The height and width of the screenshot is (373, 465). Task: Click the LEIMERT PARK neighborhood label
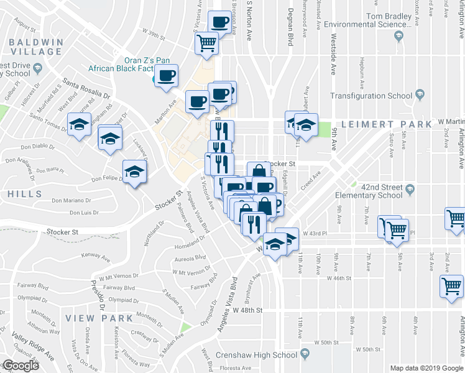click(x=382, y=124)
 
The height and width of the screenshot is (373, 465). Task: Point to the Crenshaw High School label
click(x=256, y=356)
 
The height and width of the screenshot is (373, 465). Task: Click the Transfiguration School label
click(x=371, y=96)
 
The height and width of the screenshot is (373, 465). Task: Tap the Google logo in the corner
click(x=20, y=366)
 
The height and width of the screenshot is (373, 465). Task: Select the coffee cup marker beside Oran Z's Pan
click(x=166, y=76)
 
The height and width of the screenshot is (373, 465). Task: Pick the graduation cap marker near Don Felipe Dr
click(x=134, y=172)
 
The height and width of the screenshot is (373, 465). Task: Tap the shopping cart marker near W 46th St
click(x=451, y=287)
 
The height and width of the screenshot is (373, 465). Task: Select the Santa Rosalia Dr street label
click(x=86, y=91)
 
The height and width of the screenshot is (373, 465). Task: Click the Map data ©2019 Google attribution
click(x=426, y=368)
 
